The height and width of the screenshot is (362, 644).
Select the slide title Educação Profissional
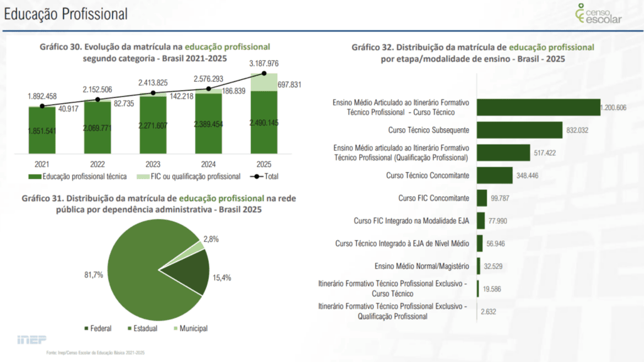coord(65,13)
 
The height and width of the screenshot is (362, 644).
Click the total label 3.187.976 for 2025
coord(264,63)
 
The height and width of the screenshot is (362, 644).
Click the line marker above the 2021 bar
coord(42,106)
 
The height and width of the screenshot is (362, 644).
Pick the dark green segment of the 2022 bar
coord(97,129)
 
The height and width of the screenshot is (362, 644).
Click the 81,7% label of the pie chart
coord(92,275)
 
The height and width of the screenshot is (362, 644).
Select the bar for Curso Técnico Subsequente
coord(519,130)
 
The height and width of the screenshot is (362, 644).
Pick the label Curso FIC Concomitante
coord(433,198)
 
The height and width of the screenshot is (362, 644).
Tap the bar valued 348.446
coord(495,175)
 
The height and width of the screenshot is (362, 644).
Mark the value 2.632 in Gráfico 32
coord(489,311)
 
